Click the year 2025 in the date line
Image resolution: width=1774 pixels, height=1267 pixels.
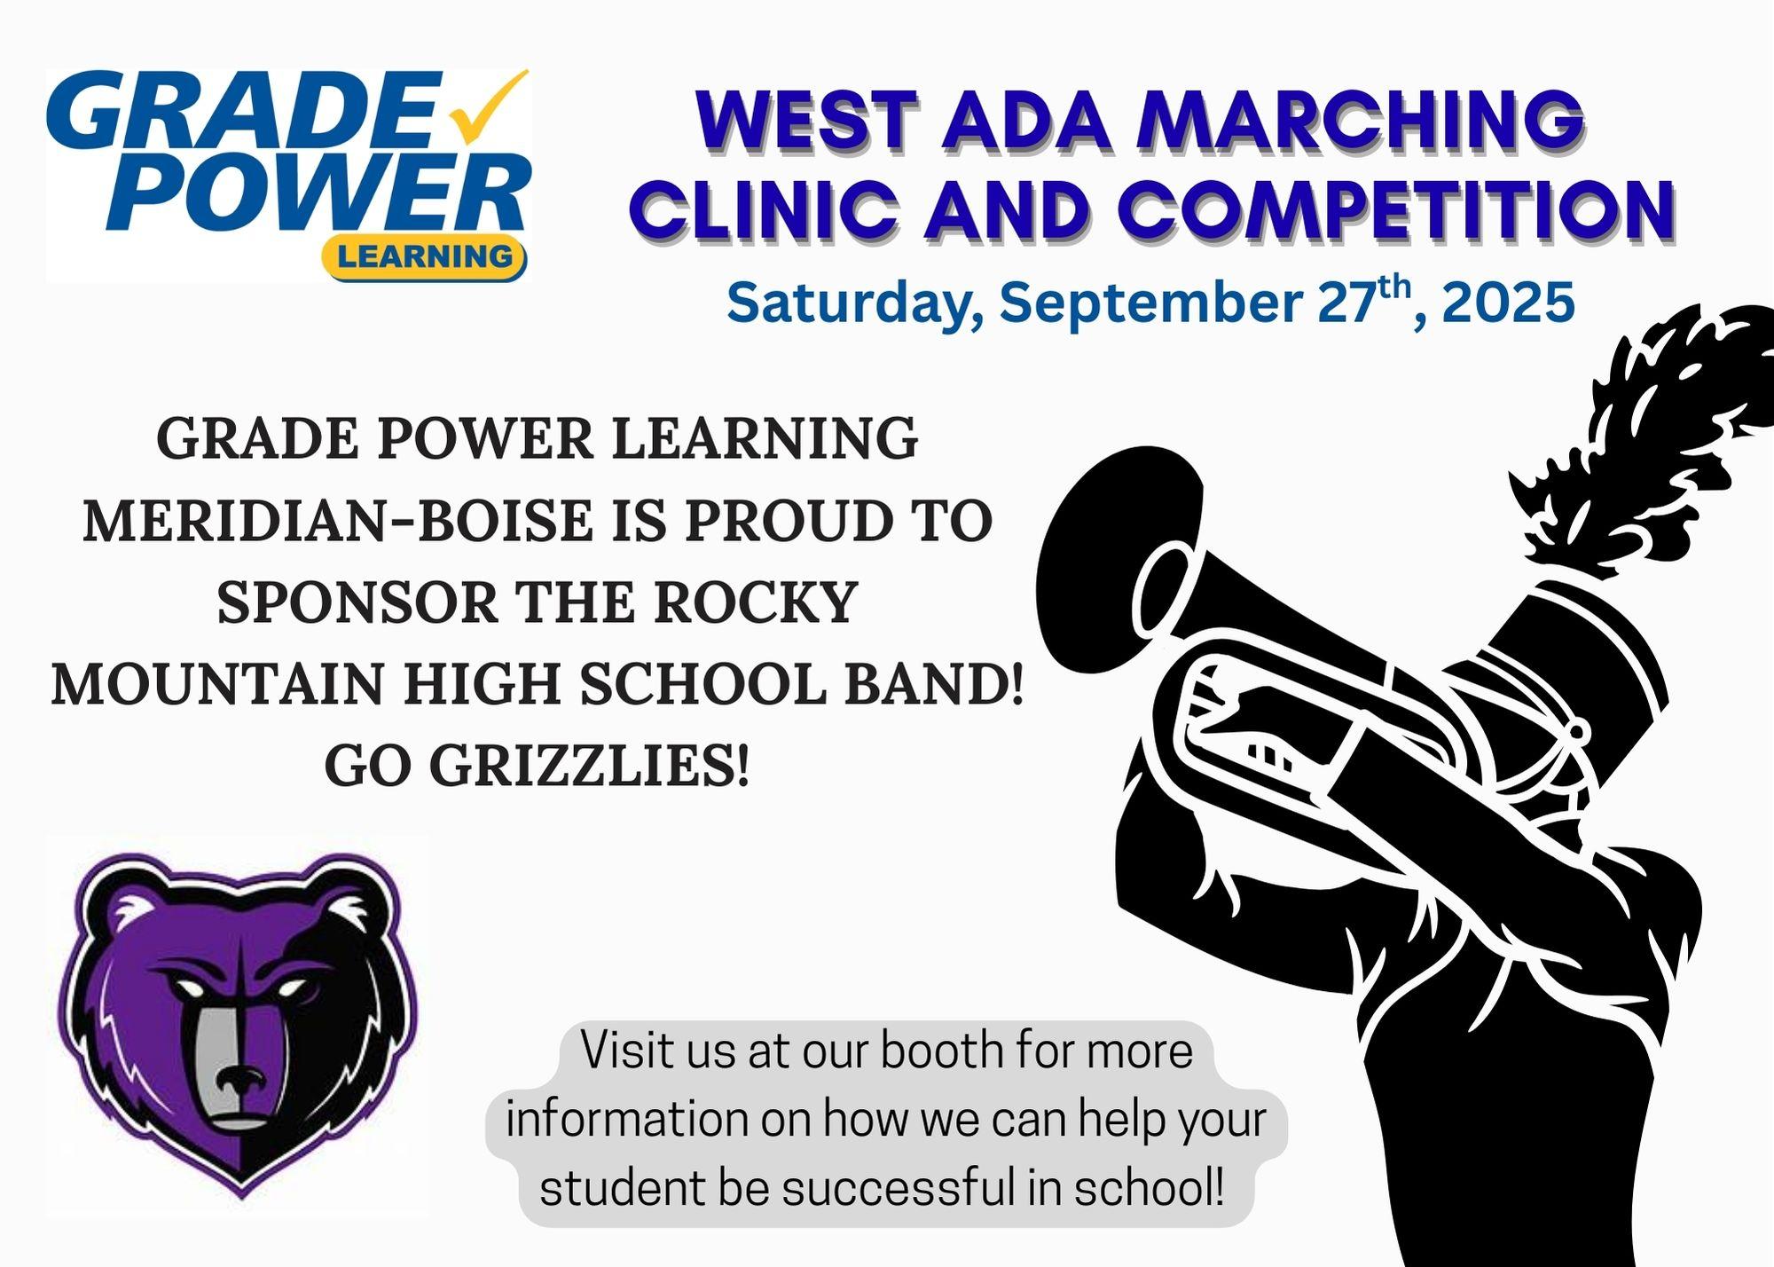pos(1508,303)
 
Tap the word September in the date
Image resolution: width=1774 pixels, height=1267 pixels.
pos(1151,304)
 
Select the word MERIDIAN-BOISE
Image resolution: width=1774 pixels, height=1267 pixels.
pos(338,521)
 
